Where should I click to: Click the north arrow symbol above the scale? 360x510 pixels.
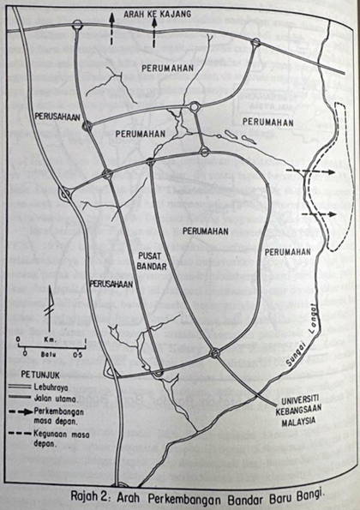click(50, 306)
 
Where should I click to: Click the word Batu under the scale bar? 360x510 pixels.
click(49, 353)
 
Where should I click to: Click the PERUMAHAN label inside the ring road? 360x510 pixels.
click(204, 231)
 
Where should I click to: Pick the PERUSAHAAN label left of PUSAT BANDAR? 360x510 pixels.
click(112, 283)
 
